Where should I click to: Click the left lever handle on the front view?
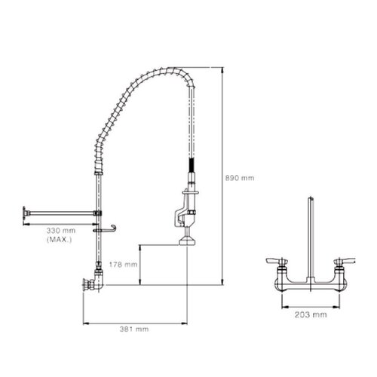pos(276,261)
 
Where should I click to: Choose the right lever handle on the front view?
pos(343,261)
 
